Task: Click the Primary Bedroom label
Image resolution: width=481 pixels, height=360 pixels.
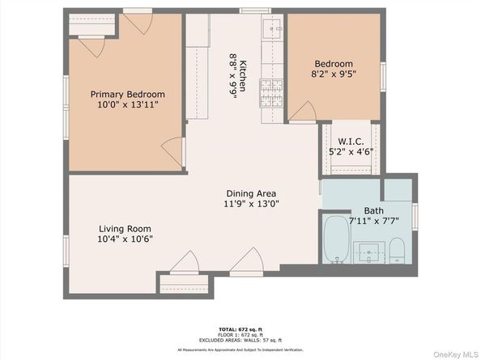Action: coord(127,94)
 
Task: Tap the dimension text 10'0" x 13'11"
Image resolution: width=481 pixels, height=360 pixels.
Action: coord(127,105)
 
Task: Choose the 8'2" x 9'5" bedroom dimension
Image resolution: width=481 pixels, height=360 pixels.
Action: coord(334,74)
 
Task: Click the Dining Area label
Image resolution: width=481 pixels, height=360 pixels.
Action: coord(252,193)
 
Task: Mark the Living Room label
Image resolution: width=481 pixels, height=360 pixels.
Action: coord(125,228)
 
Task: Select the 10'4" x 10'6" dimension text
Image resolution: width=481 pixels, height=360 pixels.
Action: coord(125,239)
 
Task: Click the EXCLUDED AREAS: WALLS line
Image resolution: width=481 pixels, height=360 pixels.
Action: coord(240,343)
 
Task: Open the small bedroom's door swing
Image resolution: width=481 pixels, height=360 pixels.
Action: coord(300,112)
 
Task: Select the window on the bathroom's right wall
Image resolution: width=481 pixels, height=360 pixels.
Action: coord(415,216)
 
